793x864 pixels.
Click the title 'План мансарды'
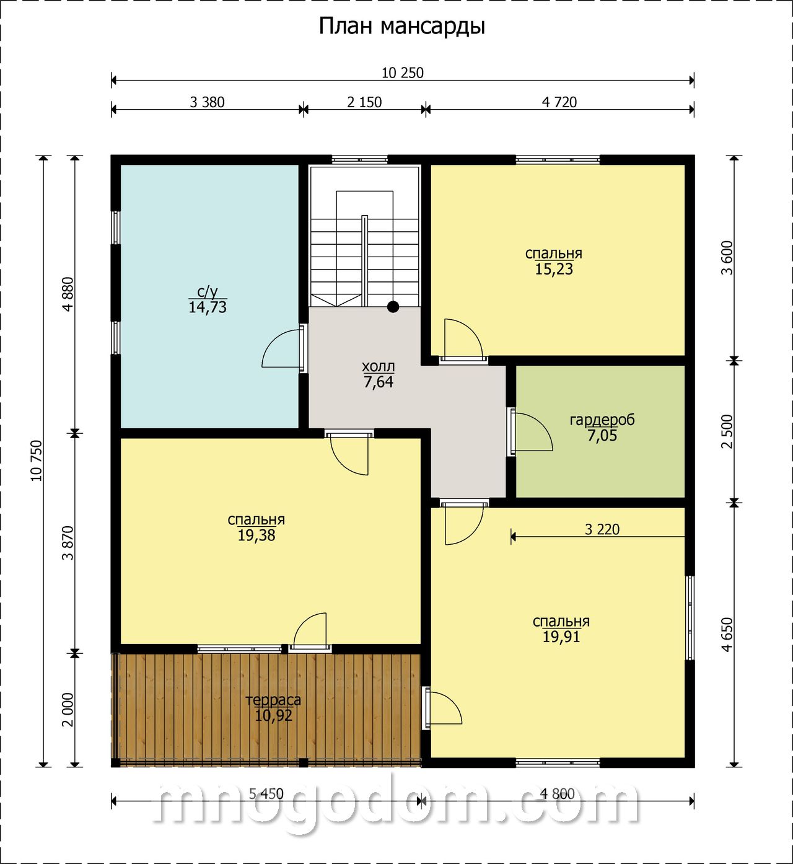[x=401, y=27]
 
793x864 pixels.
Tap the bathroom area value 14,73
[x=208, y=307]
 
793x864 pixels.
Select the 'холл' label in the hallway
[x=378, y=366]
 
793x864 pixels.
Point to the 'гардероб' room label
[x=602, y=420]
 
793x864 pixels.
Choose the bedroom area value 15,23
[x=554, y=269]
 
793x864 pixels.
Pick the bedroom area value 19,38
[x=256, y=536]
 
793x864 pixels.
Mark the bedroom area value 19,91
[x=561, y=637]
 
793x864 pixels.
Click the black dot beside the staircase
[x=393, y=307]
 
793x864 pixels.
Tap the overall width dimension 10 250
[x=403, y=73]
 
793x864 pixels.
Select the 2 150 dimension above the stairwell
[x=364, y=102]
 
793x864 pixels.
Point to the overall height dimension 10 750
[x=37, y=460]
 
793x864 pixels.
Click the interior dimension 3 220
[x=602, y=529]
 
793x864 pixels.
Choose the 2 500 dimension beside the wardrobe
[x=727, y=431]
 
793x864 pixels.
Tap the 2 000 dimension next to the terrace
[x=68, y=710]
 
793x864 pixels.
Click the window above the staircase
[x=359, y=161]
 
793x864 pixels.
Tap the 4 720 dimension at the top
[x=559, y=102]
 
